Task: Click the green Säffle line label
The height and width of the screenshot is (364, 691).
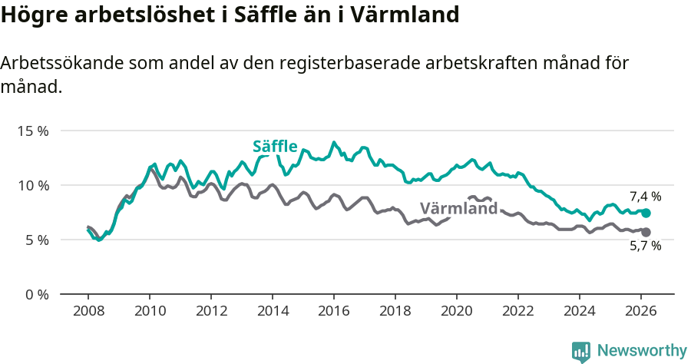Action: pos(275,147)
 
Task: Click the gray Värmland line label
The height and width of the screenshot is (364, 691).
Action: pos(458,207)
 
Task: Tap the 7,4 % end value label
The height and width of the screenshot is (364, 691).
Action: pos(645,196)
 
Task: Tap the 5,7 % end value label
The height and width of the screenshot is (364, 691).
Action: pos(645,246)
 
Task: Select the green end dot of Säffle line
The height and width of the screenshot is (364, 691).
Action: pos(646,213)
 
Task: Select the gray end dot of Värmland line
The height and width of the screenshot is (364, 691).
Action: pos(646,232)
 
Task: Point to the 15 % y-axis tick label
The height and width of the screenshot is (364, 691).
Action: pos(32,131)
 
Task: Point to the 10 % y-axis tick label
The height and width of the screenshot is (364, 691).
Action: pos(32,185)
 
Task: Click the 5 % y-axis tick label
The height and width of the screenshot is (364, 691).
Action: pos(35,240)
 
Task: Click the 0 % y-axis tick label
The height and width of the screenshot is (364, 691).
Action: pos(35,294)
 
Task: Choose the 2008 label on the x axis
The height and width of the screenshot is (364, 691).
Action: pos(88,311)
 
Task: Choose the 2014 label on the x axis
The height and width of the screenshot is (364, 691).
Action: pos(273,311)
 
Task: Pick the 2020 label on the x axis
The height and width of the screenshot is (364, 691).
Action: pos(457,311)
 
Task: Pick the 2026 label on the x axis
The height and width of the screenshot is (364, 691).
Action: pos(641,311)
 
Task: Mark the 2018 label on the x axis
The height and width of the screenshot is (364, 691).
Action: pos(395,311)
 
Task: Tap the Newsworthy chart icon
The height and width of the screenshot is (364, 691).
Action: pos(581,352)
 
